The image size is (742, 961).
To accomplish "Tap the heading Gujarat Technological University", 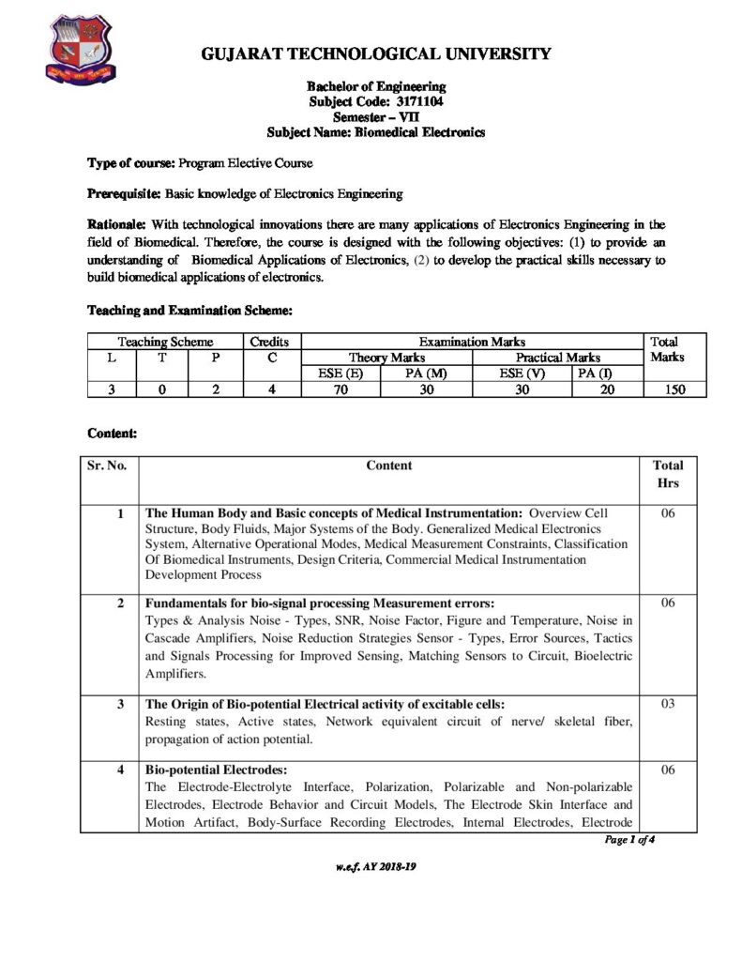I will pos(376,54).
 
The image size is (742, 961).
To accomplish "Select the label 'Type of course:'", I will pos(129,163).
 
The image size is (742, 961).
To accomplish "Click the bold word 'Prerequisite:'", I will pos(125,194).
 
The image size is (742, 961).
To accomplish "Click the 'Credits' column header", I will pos(270,343).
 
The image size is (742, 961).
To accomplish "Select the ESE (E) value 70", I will pos(341,389).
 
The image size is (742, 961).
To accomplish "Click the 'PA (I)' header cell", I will pos(593,374).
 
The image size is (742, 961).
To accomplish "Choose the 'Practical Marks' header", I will pos(558,358).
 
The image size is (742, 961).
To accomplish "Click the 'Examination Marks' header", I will pos(471,343).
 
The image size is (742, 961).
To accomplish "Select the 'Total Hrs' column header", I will pos(668,474).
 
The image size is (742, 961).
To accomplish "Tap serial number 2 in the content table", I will pos(120,603).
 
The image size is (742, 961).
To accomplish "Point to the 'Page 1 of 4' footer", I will pos(628,840).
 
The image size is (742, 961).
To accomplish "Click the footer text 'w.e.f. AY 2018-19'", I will pos(375,866).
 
